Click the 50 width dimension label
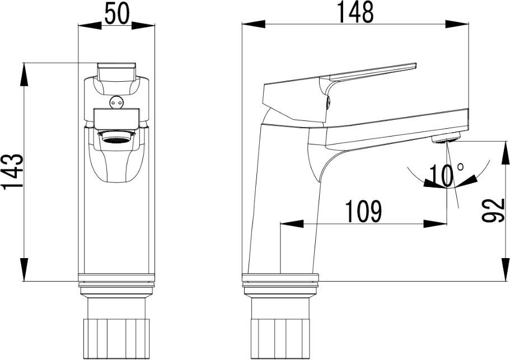(x=117, y=14)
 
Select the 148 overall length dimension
(x=355, y=12)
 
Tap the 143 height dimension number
(x=12, y=171)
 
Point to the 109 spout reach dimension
(x=363, y=211)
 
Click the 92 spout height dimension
(x=493, y=211)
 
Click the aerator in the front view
(x=116, y=136)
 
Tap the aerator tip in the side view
(x=446, y=138)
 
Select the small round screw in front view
(x=116, y=102)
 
